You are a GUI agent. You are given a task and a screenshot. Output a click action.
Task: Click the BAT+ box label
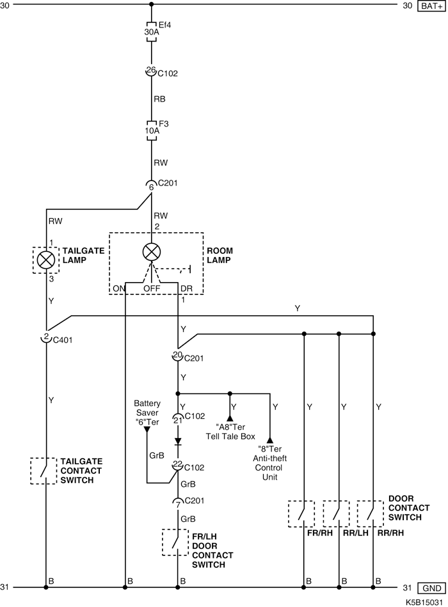[431, 6]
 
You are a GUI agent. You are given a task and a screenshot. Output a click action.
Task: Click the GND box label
[431, 588]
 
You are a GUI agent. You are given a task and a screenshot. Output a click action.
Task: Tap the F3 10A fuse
[152, 130]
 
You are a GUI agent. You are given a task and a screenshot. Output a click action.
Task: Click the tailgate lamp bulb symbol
[46, 260]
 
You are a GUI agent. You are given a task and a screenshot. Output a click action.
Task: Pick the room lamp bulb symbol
[152, 252]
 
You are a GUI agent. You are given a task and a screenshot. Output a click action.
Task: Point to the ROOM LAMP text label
[220, 255]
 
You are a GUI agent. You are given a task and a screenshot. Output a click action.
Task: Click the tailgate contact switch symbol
[44, 471]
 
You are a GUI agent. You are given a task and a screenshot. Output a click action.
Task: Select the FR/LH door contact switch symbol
[175, 542]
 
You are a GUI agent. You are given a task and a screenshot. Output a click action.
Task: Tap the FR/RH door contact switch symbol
[301, 514]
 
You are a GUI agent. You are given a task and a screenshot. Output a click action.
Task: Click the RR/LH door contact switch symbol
[336, 514]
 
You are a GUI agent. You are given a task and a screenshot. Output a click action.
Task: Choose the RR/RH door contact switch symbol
[371, 514]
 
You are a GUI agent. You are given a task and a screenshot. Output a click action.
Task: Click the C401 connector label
[62, 340]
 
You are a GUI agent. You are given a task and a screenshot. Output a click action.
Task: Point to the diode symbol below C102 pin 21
[178, 442]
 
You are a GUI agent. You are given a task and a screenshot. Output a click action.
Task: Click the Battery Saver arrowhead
[147, 429]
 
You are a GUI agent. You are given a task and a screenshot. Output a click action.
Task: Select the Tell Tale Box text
[230, 437]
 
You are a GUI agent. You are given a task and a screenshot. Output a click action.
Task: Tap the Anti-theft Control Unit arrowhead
[270, 441]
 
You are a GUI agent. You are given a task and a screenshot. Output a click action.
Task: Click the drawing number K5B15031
[424, 603]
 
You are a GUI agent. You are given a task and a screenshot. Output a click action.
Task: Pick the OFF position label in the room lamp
[152, 289]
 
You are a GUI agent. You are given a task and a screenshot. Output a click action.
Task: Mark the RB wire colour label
[159, 99]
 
